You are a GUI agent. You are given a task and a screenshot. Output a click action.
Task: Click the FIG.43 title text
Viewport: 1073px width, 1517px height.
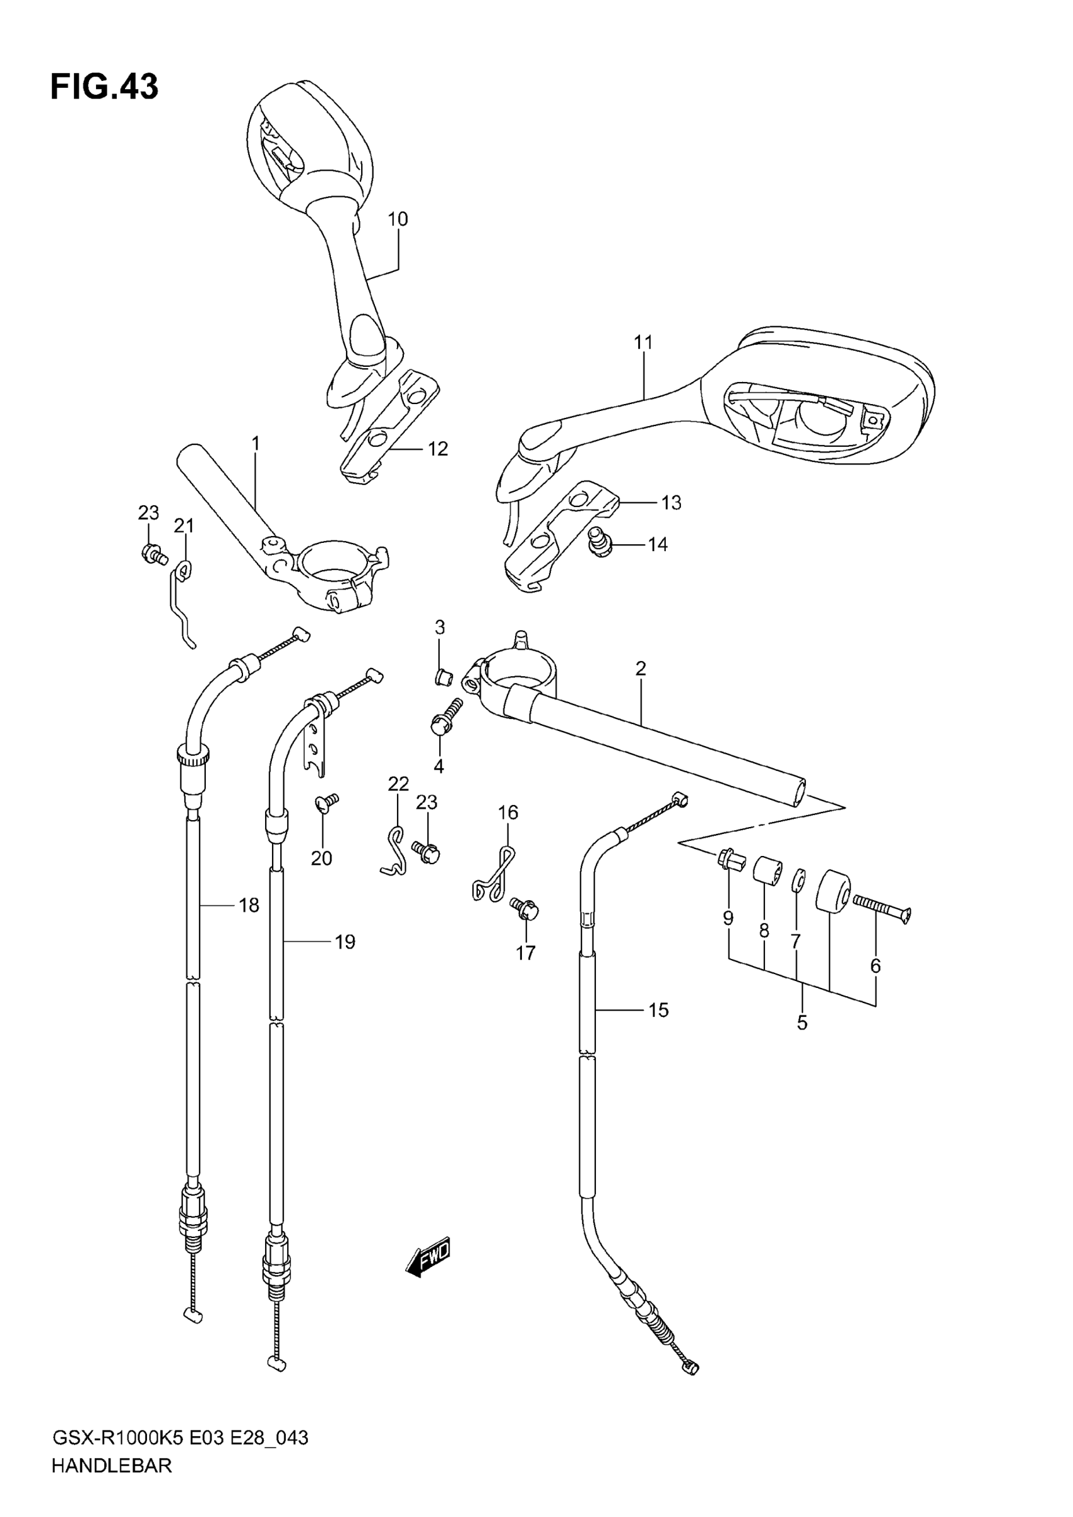coord(104,86)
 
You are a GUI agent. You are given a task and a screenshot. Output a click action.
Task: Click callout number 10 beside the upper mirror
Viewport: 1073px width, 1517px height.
coord(397,218)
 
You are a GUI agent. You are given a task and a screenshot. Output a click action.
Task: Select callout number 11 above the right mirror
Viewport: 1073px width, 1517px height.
coord(643,342)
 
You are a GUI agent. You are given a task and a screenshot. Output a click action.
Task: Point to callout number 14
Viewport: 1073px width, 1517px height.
coord(658,544)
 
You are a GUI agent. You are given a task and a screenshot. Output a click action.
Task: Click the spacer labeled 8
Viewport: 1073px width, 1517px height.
coord(766,867)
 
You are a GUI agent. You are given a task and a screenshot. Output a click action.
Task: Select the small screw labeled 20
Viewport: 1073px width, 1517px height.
coord(326,802)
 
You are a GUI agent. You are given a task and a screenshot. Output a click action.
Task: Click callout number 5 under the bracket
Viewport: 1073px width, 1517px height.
coord(802,1023)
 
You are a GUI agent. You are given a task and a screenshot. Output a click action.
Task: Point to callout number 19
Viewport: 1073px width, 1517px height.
coord(344,941)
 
